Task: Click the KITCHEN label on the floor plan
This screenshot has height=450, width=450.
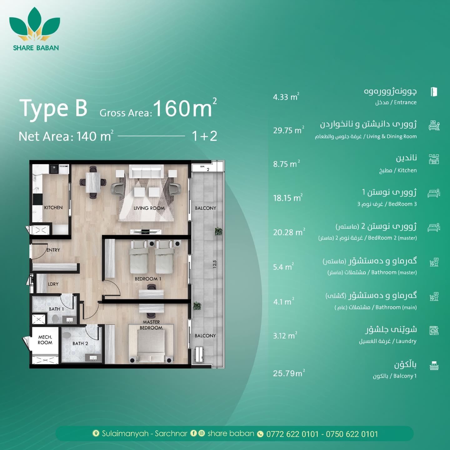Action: point(53,207)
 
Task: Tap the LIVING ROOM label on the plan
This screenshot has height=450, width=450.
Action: point(149,208)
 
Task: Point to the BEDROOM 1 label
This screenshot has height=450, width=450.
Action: point(148,278)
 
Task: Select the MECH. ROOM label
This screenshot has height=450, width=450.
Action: point(45,340)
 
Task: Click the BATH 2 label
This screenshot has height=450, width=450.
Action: point(80,343)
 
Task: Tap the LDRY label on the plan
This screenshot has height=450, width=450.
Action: point(53,284)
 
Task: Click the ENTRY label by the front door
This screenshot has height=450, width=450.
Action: point(53,250)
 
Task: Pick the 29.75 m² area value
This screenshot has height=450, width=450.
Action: point(289,130)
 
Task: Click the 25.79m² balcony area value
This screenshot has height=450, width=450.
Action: point(289,373)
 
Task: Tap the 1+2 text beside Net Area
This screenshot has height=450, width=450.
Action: point(205,136)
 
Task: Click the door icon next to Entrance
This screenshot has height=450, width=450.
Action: point(434,92)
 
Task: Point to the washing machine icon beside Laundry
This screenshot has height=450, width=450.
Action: point(434,330)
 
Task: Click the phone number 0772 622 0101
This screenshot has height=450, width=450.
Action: point(292,434)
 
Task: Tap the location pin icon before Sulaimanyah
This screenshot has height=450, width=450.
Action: point(96,433)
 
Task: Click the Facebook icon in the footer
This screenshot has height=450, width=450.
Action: point(193,433)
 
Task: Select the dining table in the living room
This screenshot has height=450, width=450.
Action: point(93,182)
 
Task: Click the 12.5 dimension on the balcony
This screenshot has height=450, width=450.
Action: point(215,264)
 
